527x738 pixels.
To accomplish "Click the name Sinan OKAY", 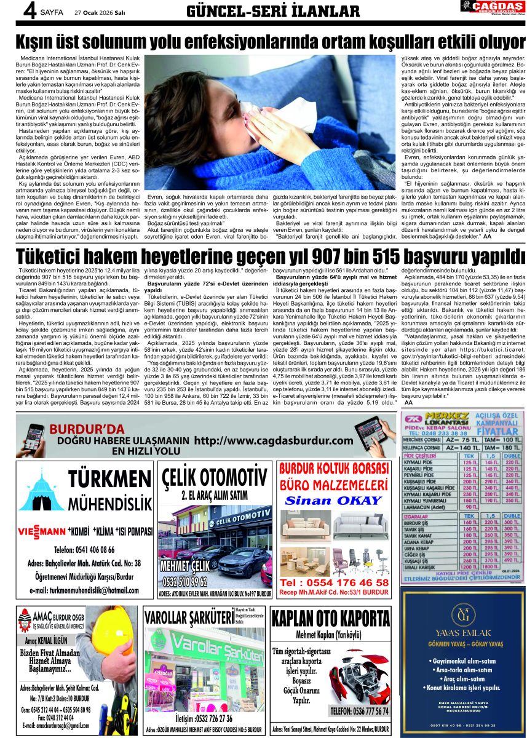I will click(333, 500).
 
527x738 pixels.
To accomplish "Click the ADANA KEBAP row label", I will click(430, 542).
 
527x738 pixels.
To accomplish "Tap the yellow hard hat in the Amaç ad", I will click(116, 633).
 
